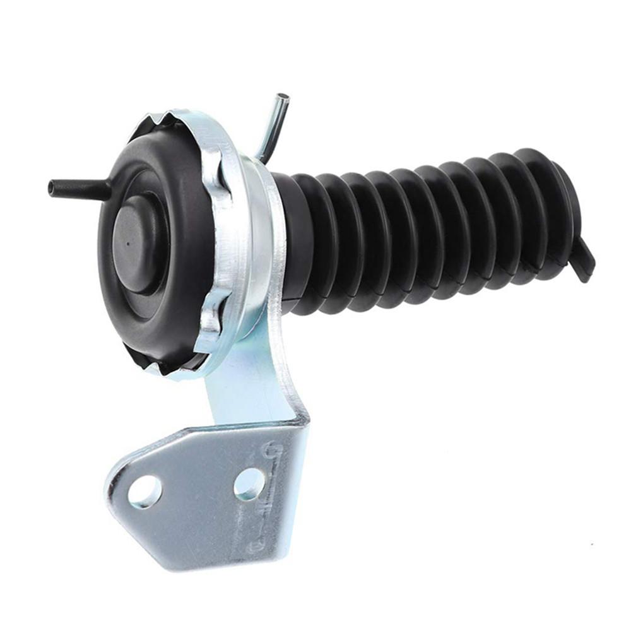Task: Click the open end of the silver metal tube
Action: pos(283,97)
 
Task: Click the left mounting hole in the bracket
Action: pos(144,491)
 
